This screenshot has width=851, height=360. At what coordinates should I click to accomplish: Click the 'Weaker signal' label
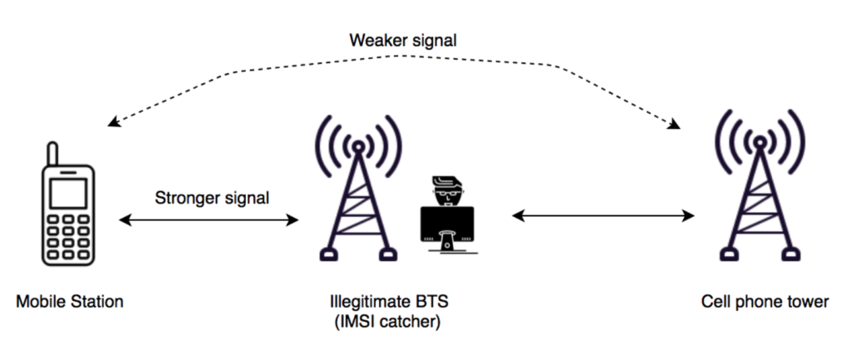click(x=403, y=40)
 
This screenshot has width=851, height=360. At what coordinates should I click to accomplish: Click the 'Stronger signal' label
click(x=212, y=198)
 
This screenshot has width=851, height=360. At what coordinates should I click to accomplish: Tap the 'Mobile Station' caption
click(x=70, y=302)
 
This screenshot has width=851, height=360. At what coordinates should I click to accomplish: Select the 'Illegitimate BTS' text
click(x=383, y=302)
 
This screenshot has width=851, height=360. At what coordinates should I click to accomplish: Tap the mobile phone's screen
click(x=67, y=194)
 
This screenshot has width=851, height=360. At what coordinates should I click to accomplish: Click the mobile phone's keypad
click(x=68, y=236)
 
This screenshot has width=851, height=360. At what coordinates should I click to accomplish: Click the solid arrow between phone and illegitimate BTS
click(x=209, y=220)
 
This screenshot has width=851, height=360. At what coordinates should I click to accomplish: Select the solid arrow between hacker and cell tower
click(x=603, y=216)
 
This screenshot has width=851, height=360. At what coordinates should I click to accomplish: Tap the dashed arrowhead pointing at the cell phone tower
click(x=674, y=125)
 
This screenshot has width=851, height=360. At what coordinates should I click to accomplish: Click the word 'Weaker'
click(x=376, y=40)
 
